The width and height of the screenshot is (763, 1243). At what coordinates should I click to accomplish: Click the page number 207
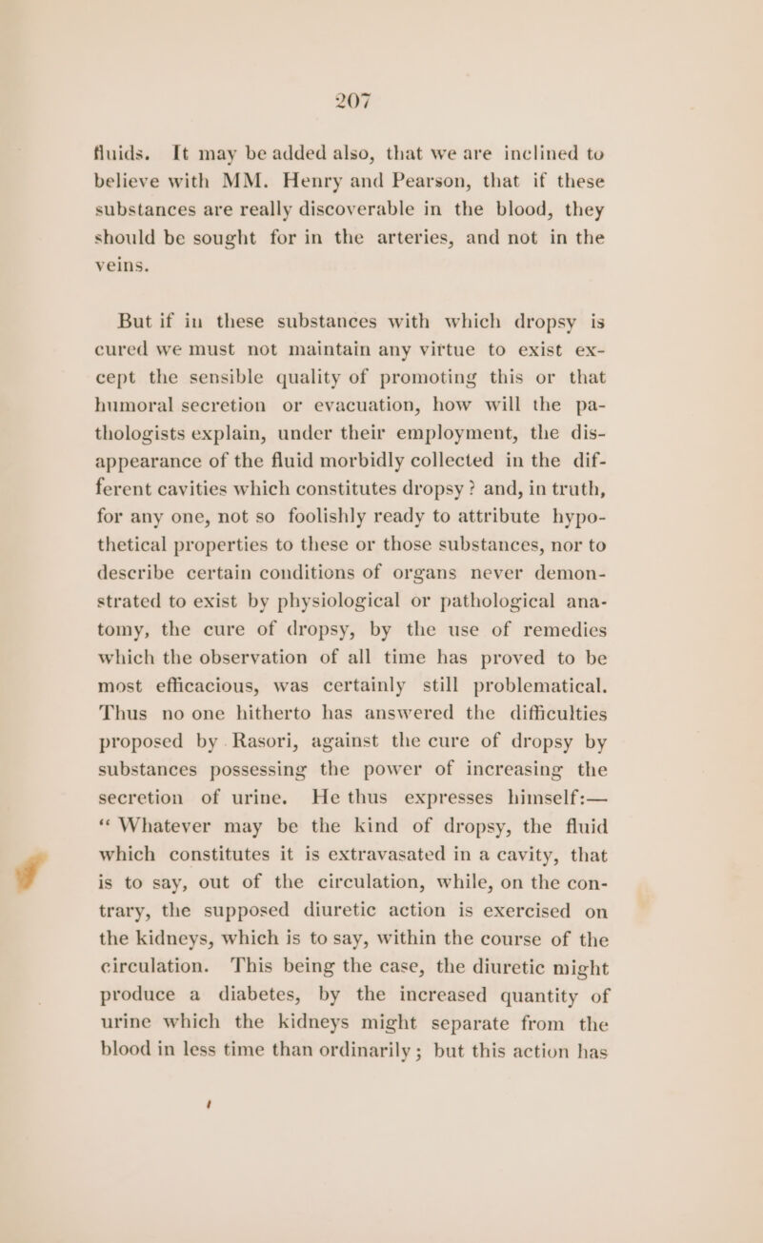click(x=381, y=97)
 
